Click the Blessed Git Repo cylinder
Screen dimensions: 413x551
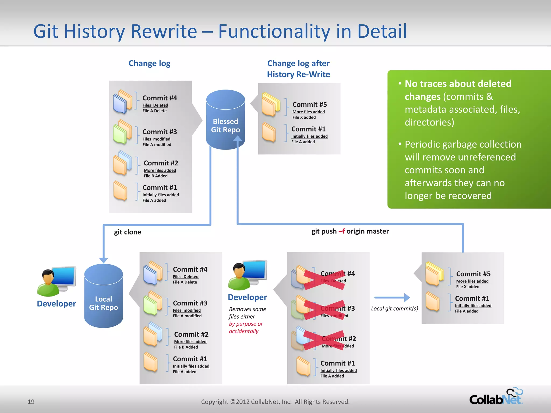pyautogui.click(x=225, y=120)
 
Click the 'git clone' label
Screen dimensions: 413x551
pyautogui.click(x=127, y=232)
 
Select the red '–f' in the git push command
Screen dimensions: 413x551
pyautogui.click(x=342, y=231)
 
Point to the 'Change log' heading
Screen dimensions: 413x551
pyautogui.click(x=149, y=63)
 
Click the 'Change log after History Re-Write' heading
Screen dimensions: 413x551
pyautogui.click(x=298, y=69)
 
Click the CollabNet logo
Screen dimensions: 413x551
pyautogui.click(x=496, y=397)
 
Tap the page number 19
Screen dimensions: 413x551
pyautogui.click(x=31, y=402)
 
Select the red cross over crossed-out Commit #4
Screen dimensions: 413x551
pyautogui.click(x=324, y=280)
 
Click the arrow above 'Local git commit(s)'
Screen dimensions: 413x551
pyautogui.click(x=392, y=297)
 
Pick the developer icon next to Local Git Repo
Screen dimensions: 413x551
pyautogui.click(x=56, y=281)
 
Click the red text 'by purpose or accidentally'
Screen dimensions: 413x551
pyautogui.click(x=245, y=327)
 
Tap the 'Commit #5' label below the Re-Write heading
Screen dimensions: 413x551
pyautogui.click(x=309, y=105)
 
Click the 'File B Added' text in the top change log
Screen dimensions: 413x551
pyautogui.click(x=156, y=176)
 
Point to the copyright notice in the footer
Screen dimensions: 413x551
pyautogui.click(x=275, y=402)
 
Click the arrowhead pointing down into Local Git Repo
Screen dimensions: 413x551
pyautogui.click(x=104, y=260)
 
